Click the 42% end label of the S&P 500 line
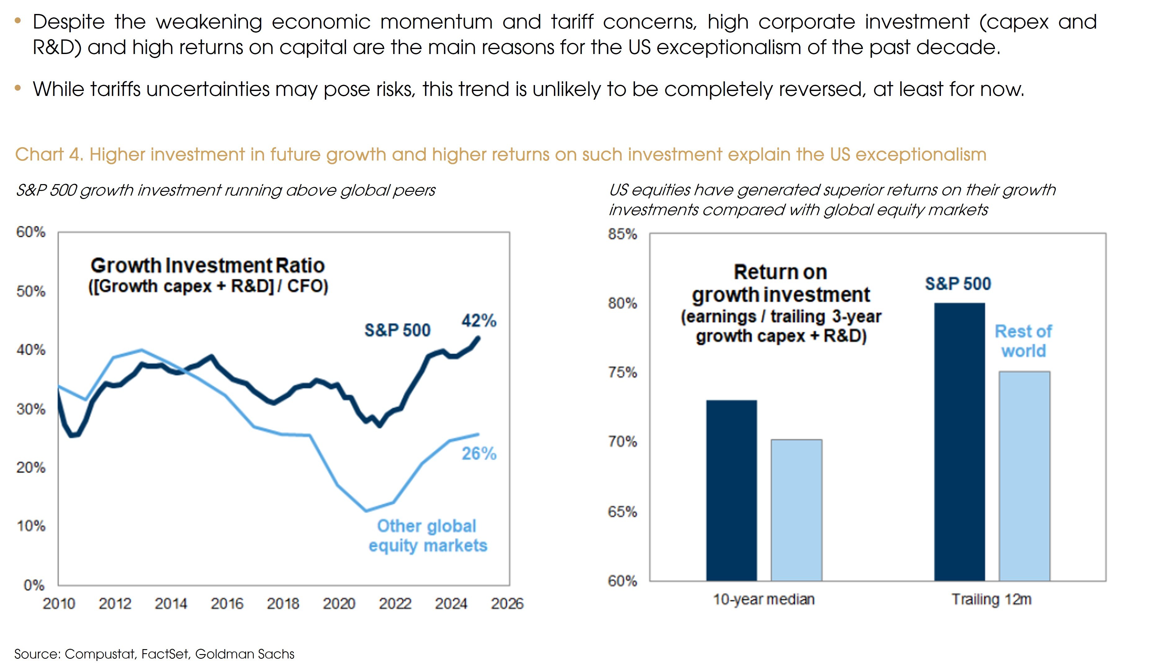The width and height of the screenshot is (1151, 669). pos(479,320)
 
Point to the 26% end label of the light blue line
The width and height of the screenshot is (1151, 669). pos(479,454)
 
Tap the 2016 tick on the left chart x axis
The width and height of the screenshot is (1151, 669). pos(227,604)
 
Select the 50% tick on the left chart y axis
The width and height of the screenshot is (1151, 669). pos(31,291)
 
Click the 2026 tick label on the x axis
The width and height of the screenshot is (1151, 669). pos(507,604)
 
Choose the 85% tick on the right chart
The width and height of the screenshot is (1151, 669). pos(622,234)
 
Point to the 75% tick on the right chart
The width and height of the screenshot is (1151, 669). pos(622,373)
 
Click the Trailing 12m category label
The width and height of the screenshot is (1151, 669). pos(991,599)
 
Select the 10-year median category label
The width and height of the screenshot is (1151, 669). pos(764,599)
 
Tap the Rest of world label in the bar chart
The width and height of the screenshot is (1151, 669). pos(1023,341)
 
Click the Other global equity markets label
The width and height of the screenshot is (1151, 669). pos(428,536)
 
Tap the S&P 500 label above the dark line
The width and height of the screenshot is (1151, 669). pos(397,330)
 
